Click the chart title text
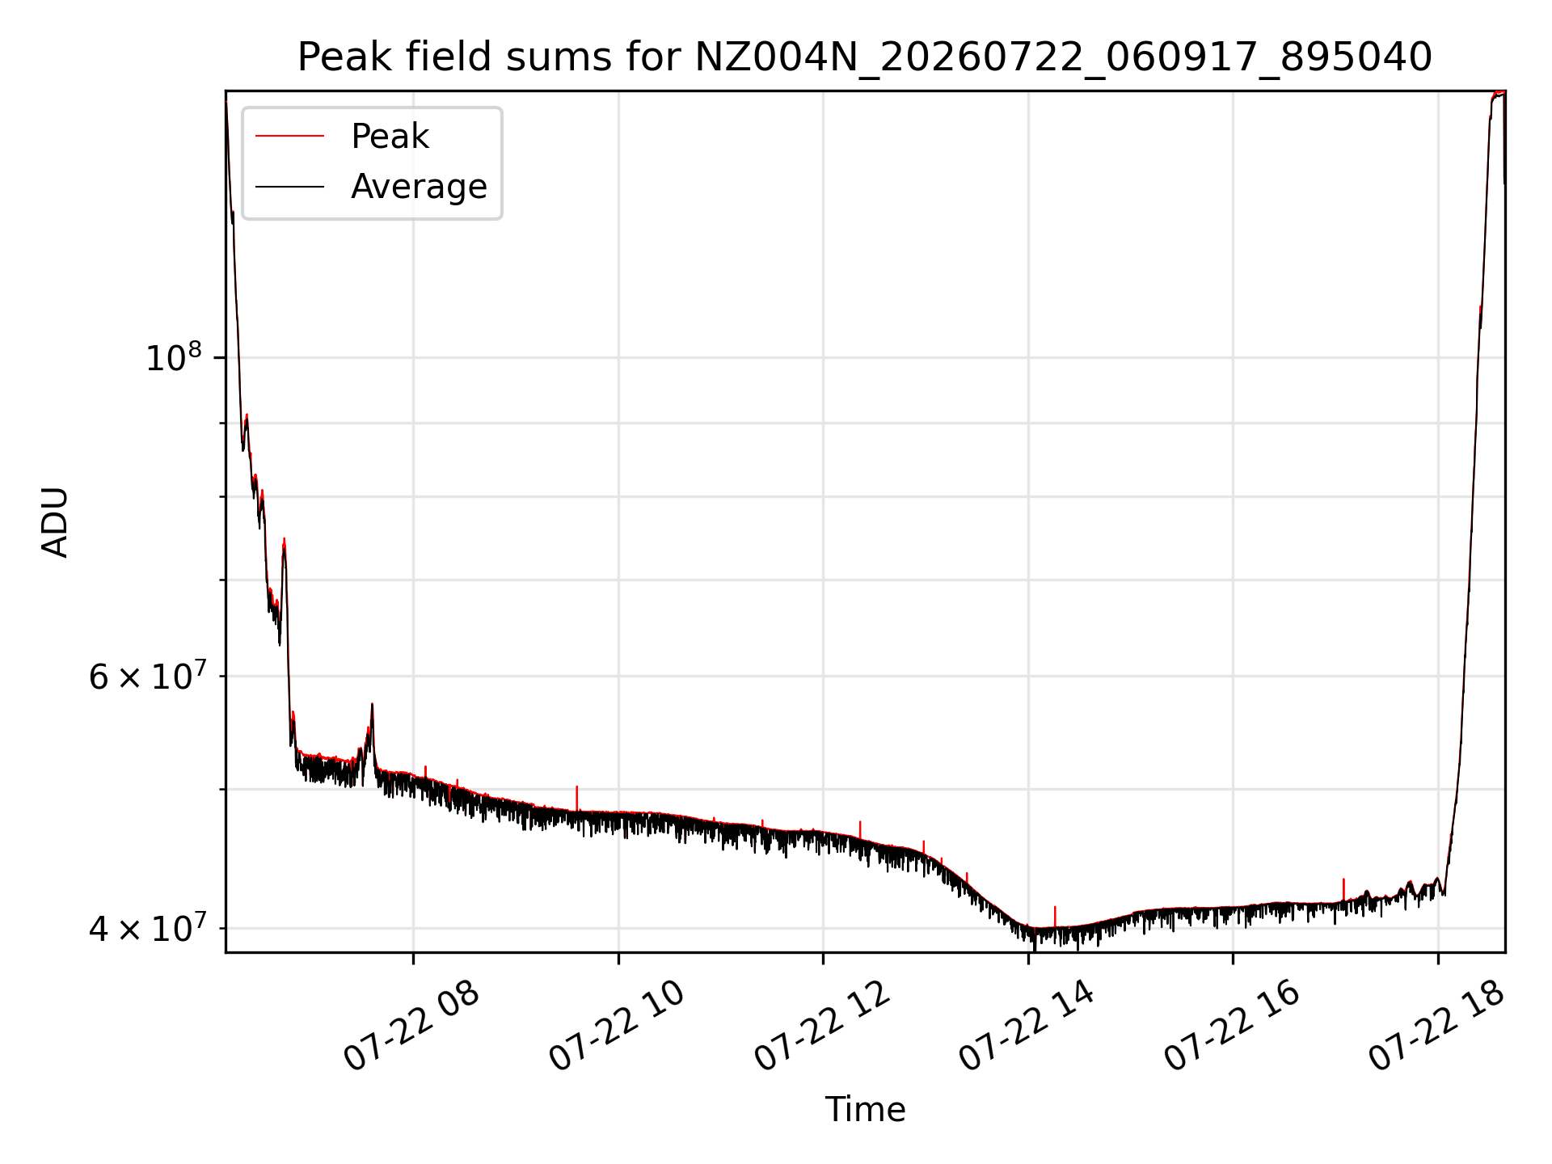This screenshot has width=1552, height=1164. coord(865,57)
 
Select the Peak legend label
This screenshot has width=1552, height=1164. coord(390,137)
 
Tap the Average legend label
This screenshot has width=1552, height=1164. coord(419,187)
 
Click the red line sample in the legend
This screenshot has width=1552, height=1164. coord(289,137)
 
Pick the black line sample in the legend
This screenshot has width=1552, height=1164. coord(289,187)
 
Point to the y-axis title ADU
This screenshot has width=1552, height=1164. coord(55,521)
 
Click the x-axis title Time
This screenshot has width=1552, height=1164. coord(865,1109)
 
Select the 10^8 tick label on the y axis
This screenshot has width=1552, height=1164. coord(173,356)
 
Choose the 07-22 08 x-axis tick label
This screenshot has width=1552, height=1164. coord(412,1026)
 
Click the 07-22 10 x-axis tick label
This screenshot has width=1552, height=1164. coord(618,1026)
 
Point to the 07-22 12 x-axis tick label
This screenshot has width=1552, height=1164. coord(823,1026)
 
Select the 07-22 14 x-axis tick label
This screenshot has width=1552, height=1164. coord(1027,1026)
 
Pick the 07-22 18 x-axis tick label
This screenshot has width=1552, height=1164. coord(1437,1026)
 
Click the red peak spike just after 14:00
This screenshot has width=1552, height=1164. coord(1055,917)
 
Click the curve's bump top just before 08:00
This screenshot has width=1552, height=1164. coord(372,705)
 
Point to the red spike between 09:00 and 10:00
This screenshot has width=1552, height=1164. coord(576,798)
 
